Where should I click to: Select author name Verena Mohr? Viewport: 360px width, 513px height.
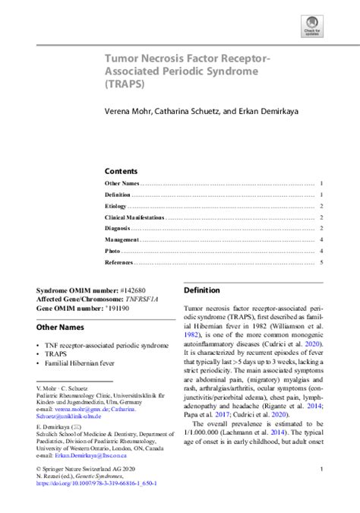tap(129, 111)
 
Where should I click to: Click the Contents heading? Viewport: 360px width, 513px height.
tap(121, 171)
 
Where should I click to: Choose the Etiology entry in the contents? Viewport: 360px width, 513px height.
tap(116, 206)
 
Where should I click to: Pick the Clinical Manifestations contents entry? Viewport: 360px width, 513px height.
tap(134, 217)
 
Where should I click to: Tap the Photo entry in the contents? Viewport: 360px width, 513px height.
tap(113, 251)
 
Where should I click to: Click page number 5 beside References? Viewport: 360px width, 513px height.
tap(322, 262)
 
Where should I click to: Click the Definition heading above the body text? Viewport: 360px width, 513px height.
tap(202, 290)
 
